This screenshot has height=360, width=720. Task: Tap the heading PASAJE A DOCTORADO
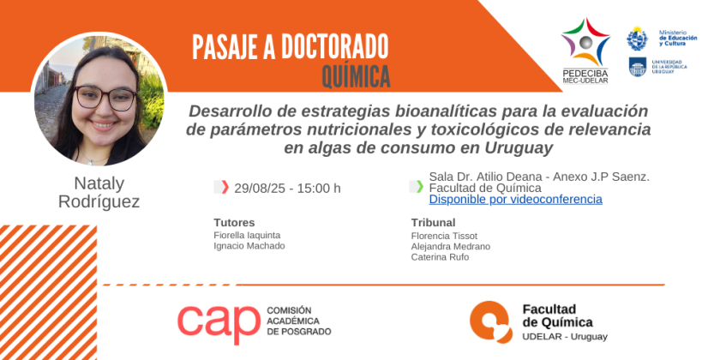tap(291, 46)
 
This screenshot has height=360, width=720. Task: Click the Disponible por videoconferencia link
tap(516, 199)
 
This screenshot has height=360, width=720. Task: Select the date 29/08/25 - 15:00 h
tap(287, 189)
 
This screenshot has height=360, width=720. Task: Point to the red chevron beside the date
tap(225, 188)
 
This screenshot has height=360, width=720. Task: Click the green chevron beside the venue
tap(420, 187)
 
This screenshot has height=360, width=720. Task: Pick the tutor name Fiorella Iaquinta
tap(247, 236)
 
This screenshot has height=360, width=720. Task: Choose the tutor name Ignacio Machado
tap(249, 246)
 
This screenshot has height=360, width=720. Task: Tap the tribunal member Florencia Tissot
tap(445, 236)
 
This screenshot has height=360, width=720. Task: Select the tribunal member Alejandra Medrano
tap(451, 247)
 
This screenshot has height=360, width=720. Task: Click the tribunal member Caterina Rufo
tap(440, 257)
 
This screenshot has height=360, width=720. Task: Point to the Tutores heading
tap(234, 223)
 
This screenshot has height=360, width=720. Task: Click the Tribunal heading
tap(434, 223)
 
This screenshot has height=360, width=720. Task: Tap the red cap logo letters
tap(219, 322)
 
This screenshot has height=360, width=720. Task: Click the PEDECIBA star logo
tap(585, 42)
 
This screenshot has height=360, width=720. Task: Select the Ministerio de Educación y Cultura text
tap(678, 38)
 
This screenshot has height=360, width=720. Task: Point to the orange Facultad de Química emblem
tap(491, 322)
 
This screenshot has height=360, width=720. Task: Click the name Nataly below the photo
tap(99, 183)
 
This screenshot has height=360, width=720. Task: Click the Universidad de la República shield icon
tap(638, 67)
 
